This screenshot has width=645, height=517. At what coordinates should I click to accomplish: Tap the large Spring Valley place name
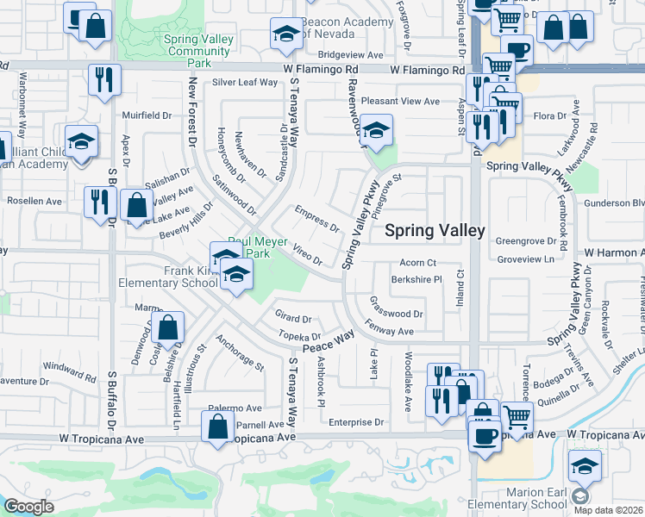[x=435, y=230]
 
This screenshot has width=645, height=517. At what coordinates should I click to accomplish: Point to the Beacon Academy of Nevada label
[x=342, y=28]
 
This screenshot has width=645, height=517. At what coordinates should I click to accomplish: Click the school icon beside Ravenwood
[x=376, y=131]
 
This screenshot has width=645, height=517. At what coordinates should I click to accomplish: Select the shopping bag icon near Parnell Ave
[x=218, y=425]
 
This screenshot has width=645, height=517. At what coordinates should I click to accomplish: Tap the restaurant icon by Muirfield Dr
[x=104, y=79]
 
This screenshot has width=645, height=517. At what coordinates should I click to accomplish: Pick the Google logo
[x=28, y=507]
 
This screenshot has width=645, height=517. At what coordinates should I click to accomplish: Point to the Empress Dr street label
[x=316, y=218]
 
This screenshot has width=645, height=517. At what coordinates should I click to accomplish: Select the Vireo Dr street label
[x=307, y=254]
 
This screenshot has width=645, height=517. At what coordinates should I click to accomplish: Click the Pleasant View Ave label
[x=401, y=102]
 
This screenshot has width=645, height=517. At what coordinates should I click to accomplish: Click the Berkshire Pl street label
[x=416, y=279]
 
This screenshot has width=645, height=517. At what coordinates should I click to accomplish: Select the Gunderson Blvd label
[x=613, y=203]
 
